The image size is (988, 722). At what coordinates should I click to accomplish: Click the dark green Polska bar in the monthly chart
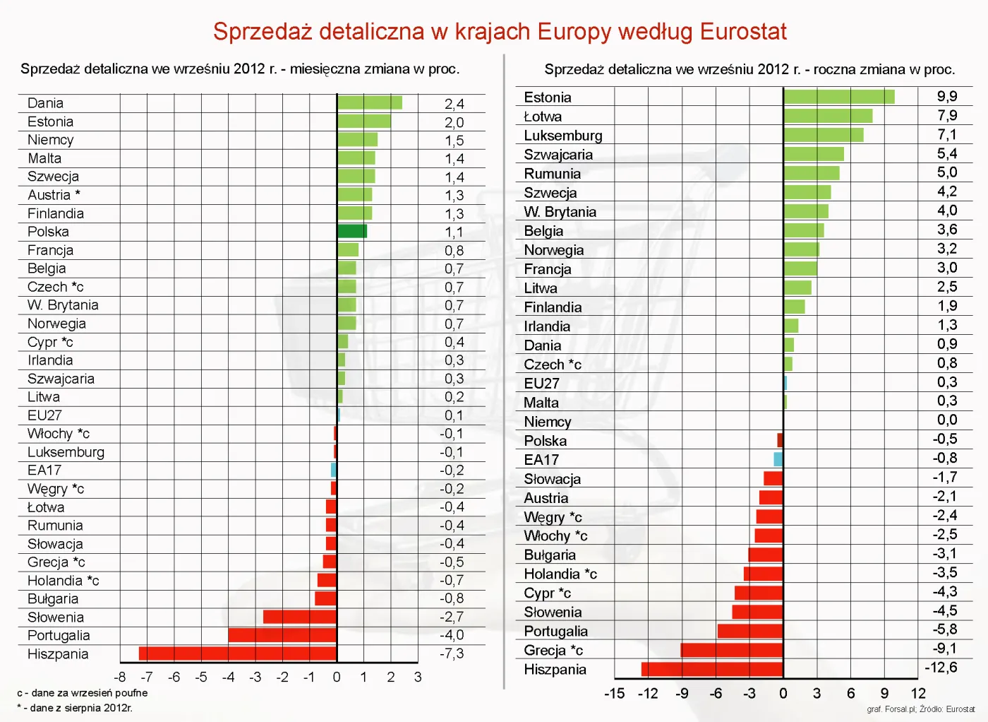352,231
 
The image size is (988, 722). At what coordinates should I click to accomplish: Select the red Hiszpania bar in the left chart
238,653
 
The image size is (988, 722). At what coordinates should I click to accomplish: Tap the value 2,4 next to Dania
454,104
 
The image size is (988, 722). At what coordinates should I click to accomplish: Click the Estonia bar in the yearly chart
839,97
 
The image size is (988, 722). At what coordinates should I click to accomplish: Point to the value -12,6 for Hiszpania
941,668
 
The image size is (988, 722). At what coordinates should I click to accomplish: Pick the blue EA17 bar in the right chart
778,459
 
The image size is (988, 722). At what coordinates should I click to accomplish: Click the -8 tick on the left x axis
120,677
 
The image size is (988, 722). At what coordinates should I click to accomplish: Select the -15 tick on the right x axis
614,693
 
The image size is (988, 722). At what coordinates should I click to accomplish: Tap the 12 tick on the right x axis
917,693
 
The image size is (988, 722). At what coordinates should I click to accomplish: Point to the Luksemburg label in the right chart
562,136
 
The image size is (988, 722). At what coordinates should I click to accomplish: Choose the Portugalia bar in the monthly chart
282,635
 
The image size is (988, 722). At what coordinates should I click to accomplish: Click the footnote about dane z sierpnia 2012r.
75,708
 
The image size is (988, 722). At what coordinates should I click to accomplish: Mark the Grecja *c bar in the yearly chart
732,650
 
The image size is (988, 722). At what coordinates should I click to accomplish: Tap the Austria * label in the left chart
54,195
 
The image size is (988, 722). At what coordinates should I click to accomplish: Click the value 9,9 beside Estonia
946,97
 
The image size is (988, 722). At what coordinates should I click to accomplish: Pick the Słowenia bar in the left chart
300,617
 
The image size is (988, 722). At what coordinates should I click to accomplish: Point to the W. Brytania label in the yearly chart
560,212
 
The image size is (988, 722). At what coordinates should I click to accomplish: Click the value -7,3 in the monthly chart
452,653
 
